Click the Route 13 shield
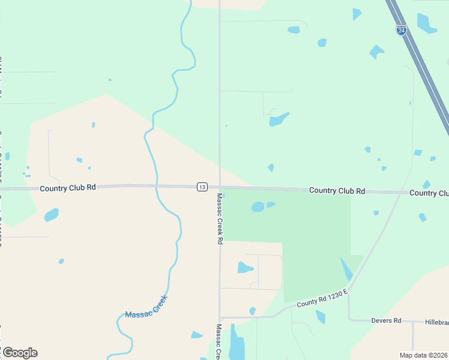pyautogui.click(x=202, y=187)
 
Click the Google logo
pyautogui.click(x=20, y=353)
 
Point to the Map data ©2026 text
pyautogui.click(x=424, y=355)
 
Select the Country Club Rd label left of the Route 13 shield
pyautogui.click(x=68, y=188)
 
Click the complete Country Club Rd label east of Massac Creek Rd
pyautogui.click(x=337, y=191)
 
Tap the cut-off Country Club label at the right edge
pyautogui.click(x=429, y=193)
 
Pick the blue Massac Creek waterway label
pyautogui.click(x=145, y=307)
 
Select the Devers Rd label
pyautogui.click(x=386, y=320)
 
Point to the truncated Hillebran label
pyautogui.click(x=437, y=322)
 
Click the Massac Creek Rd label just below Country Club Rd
pyautogui.click(x=220, y=218)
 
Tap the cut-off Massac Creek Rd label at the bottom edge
pyautogui.click(x=219, y=342)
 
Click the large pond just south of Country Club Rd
pyautogui.click(x=258, y=207)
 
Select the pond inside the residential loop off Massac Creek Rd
pyautogui.click(x=245, y=268)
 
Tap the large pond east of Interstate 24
pyautogui.click(x=426, y=23)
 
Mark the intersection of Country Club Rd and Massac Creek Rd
pyautogui.click(x=220, y=187)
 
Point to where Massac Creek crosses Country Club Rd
pyautogui.click(x=156, y=186)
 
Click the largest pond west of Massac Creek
pyautogui.click(x=52, y=214)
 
